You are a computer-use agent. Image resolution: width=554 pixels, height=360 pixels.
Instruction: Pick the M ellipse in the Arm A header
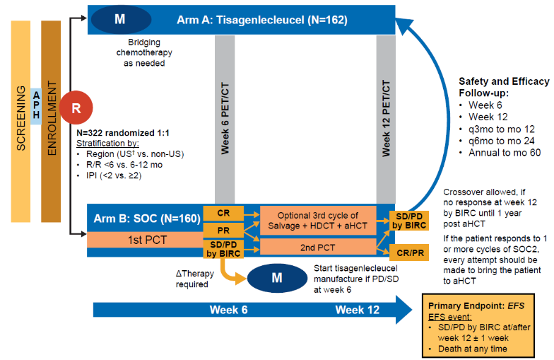coord(119,19)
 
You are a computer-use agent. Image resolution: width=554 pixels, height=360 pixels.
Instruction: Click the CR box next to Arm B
coord(223,212)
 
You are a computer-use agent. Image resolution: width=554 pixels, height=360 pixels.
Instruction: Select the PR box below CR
coord(223,230)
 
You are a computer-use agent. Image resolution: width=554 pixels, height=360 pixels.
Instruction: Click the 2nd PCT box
coord(319,246)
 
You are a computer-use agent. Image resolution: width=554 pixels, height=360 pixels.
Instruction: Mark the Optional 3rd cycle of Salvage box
coord(319,221)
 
